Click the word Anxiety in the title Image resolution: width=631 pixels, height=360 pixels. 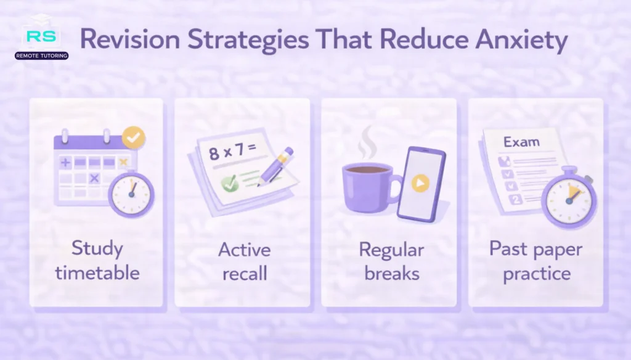(521, 40)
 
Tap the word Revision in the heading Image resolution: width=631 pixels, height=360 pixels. (129, 39)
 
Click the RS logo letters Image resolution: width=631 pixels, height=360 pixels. (41, 36)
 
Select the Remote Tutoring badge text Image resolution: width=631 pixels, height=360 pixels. (41, 55)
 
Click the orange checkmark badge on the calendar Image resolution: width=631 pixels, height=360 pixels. (134, 137)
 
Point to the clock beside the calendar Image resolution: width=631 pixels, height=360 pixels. (131, 194)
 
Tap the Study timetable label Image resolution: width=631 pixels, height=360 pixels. (97, 260)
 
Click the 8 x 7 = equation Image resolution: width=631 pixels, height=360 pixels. (232, 151)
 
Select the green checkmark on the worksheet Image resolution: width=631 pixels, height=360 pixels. (230, 184)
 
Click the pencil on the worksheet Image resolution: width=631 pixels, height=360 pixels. (276, 166)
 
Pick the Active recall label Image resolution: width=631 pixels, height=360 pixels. (244, 261)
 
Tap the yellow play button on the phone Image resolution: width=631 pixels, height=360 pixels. (420, 183)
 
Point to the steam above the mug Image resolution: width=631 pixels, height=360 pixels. (367, 143)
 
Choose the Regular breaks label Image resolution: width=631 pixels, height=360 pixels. (391, 261)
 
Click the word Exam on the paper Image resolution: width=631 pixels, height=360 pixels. (521, 142)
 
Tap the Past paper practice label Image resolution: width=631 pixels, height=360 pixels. (535, 261)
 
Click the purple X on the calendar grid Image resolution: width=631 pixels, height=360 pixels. (94, 178)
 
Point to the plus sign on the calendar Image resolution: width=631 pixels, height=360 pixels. (65, 162)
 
